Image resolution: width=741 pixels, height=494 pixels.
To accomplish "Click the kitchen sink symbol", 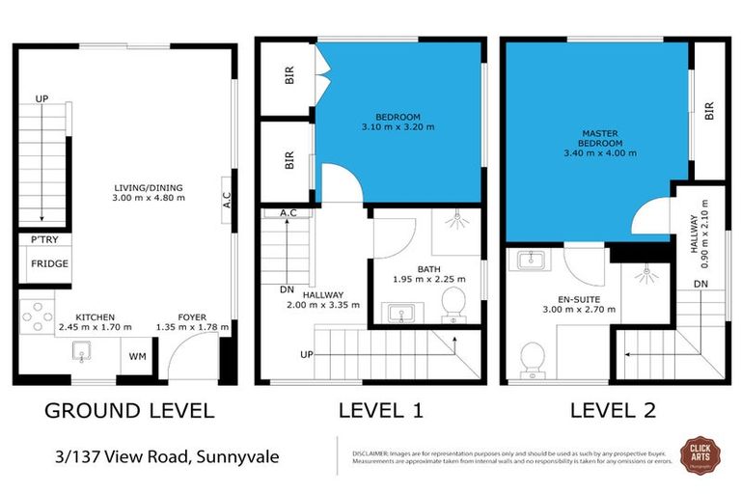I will [83, 355].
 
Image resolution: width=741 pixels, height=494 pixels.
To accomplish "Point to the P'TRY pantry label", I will [43, 239].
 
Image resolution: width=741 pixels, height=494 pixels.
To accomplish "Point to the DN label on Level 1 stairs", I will [287, 288].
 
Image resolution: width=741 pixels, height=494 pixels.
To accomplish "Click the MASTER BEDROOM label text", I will [599, 140].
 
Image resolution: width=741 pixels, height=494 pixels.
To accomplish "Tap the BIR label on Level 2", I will [709, 111].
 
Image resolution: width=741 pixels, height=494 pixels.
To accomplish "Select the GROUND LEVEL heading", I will [129, 410].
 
